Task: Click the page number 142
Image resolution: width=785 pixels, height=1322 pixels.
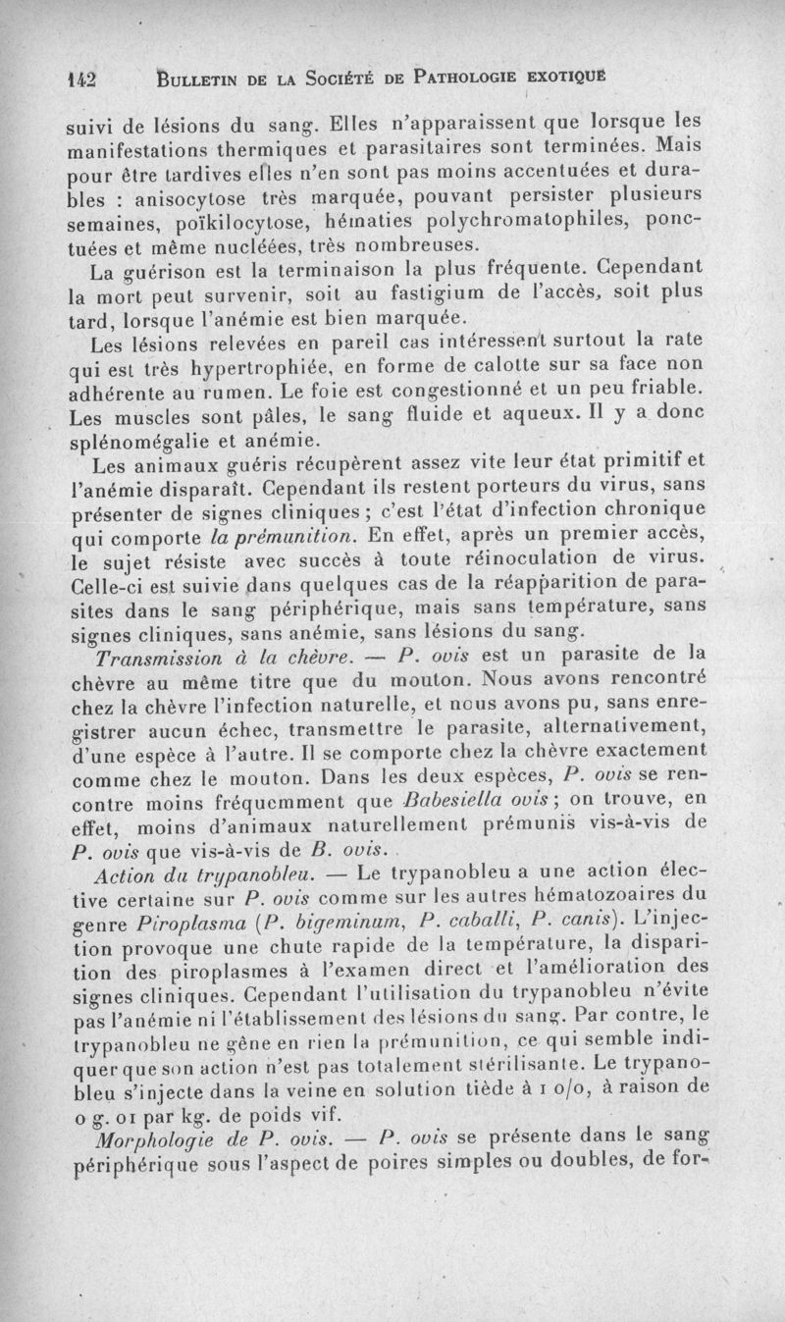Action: [85, 80]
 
